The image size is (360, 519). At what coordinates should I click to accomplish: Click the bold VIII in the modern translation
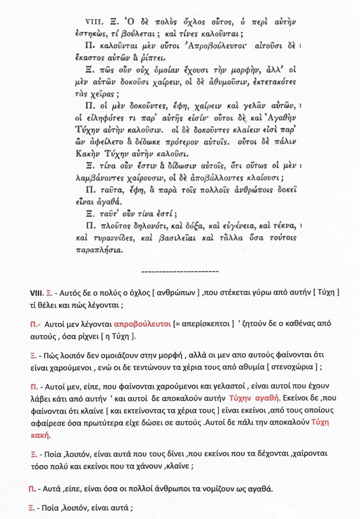coord(37,293)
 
